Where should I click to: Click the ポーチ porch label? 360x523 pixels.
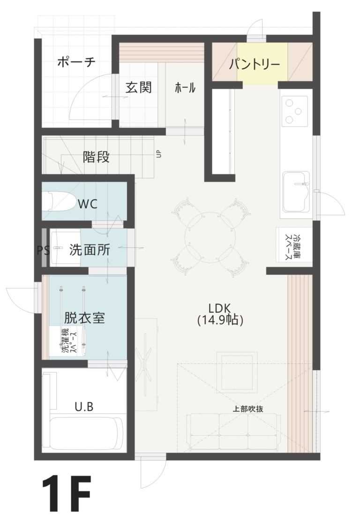click(x=76, y=62)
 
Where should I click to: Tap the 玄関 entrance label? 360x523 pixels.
click(x=139, y=88)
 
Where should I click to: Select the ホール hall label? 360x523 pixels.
click(x=185, y=88)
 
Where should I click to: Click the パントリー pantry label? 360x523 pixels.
click(x=255, y=64)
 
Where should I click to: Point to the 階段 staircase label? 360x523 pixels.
click(x=96, y=157)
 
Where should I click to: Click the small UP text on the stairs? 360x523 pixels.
click(x=158, y=154)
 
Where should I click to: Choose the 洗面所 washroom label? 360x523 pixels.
click(x=90, y=250)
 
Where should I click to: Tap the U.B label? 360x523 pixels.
click(x=84, y=407)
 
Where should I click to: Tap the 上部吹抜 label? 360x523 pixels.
click(x=248, y=409)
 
